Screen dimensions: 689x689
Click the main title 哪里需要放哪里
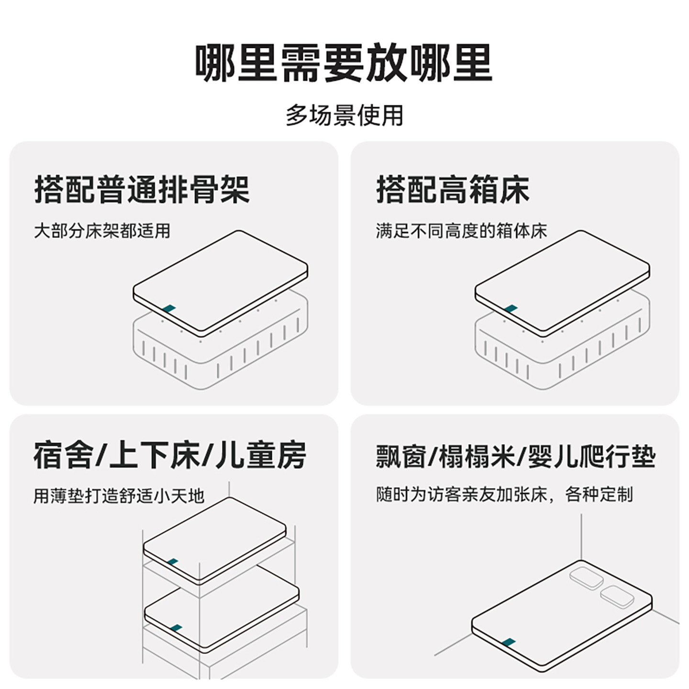[344, 63]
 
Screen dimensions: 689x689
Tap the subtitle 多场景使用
[344, 116]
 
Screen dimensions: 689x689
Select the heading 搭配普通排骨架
[142, 190]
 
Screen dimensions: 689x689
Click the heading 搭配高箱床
[453, 190]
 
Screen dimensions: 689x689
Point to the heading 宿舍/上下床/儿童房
[169, 456]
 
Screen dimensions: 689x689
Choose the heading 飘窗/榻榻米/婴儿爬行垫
[515, 456]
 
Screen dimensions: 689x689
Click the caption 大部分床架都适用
[102, 231]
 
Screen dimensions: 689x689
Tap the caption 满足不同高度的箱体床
[461, 231]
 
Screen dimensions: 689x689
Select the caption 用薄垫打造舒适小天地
[119, 495]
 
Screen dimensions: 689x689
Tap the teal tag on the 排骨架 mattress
[168, 309]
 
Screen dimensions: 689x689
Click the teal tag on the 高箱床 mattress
[511, 309]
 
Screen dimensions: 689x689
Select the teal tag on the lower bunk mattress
[176, 627]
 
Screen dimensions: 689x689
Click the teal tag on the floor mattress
[509, 642]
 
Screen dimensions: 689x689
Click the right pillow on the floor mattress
[617, 597]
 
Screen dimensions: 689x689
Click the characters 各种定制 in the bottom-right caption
[599, 494]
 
